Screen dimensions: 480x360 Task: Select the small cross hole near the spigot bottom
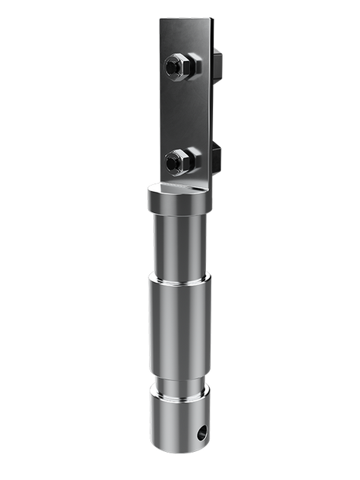tap(203, 431)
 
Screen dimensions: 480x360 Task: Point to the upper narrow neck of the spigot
tap(179, 247)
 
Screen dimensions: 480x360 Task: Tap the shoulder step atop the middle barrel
tap(179, 278)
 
